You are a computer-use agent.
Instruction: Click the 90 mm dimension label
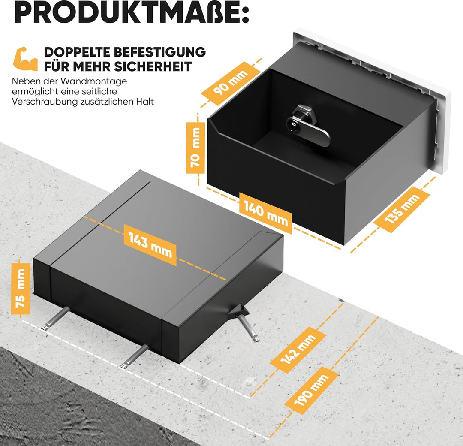point(231,84)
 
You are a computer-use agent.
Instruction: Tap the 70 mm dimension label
point(195,148)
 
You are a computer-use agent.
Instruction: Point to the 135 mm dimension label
point(402,209)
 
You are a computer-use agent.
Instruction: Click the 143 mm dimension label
point(150,245)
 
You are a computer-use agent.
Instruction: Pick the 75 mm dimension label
point(21,289)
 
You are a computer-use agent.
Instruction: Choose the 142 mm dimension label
point(298,350)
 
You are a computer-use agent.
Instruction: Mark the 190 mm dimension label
point(311,390)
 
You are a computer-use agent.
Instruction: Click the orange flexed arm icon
point(25,59)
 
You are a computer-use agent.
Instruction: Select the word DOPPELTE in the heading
point(77,52)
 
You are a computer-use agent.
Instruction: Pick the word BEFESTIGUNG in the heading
point(160,52)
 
